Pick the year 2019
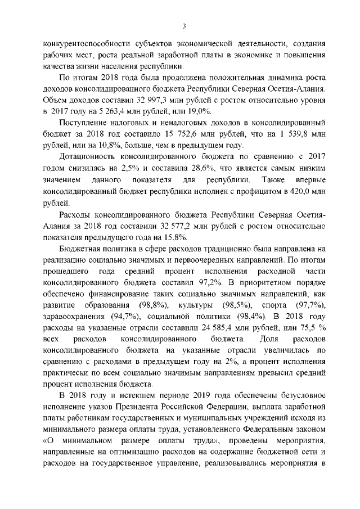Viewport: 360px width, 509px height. pos(204,395)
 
